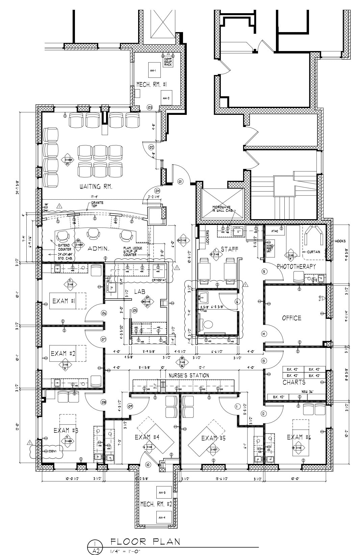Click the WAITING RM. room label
pyautogui.click(x=96, y=186)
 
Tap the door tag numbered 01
pyautogui.click(x=180, y=182)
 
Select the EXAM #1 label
pyautogui.click(x=63, y=301)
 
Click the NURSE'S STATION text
pyautogui.click(x=189, y=375)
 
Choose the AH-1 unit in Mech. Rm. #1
pyautogui.click(x=153, y=71)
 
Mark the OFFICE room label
pyautogui.click(x=291, y=318)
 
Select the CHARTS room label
pyautogui.click(x=294, y=382)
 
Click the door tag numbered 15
pyautogui.click(x=264, y=271)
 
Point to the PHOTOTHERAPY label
pyautogui.click(x=296, y=267)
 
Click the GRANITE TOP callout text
pyautogui.click(x=97, y=204)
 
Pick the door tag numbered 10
pyautogui.click(x=148, y=465)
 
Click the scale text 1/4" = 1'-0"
pyautogui.click(x=125, y=551)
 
